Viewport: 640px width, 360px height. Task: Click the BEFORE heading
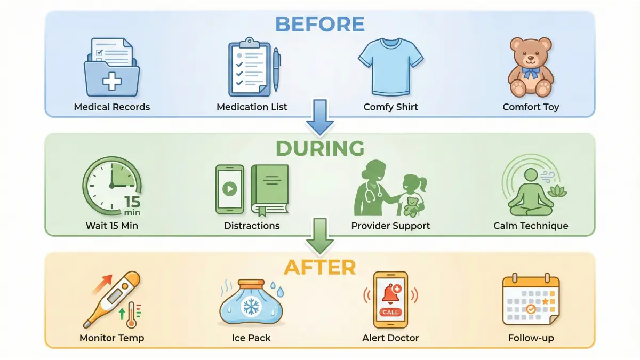pyautogui.click(x=319, y=24)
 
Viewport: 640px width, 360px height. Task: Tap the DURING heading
pyautogui.click(x=320, y=148)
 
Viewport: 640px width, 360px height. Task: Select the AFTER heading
pyautogui.click(x=319, y=267)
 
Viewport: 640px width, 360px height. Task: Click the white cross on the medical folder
pyautogui.click(x=112, y=81)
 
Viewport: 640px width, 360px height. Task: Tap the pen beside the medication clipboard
pyautogui.click(x=276, y=70)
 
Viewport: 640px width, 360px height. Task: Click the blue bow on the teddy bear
pyautogui.click(x=531, y=73)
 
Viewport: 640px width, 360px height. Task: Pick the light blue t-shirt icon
pyautogui.click(x=391, y=67)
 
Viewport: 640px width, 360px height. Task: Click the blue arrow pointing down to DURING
pyautogui.click(x=320, y=117)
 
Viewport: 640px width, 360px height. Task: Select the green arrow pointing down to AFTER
pyautogui.click(x=320, y=236)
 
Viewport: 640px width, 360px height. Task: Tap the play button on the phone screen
pyautogui.click(x=230, y=189)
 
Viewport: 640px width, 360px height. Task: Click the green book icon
pyautogui.click(x=270, y=190)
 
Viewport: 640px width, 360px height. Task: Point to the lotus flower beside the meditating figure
pyautogui.click(x=557, y=191)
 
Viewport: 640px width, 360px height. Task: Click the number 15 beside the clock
pyautogui.click(x=132, y=202)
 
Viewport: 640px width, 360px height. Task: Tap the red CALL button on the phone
pyautogui.click(x=390, y=312)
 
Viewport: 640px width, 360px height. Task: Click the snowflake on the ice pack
pyautogui.click(x=251, y=307)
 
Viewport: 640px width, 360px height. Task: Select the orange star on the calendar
pyautogui.click(x=545, y=301)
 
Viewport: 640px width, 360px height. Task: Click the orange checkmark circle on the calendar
pyautogui.click(x=531, y=309)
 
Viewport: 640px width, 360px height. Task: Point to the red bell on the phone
pyautogui.click(x=390, y=295)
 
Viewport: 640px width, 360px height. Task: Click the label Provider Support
pyautogui.click(x=390, y=226)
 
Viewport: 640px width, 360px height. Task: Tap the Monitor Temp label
pyautogui.click(x=111, y=338)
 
